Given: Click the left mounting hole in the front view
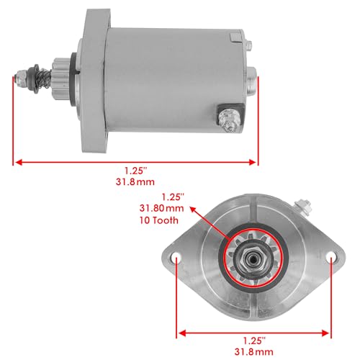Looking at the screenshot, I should point(176,256).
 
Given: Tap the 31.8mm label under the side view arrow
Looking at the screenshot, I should point(134,183).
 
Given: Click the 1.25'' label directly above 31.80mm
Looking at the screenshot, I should point(174,196).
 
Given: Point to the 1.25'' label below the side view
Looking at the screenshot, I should point(134,171).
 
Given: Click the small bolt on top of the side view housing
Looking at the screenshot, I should point(246,45).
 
